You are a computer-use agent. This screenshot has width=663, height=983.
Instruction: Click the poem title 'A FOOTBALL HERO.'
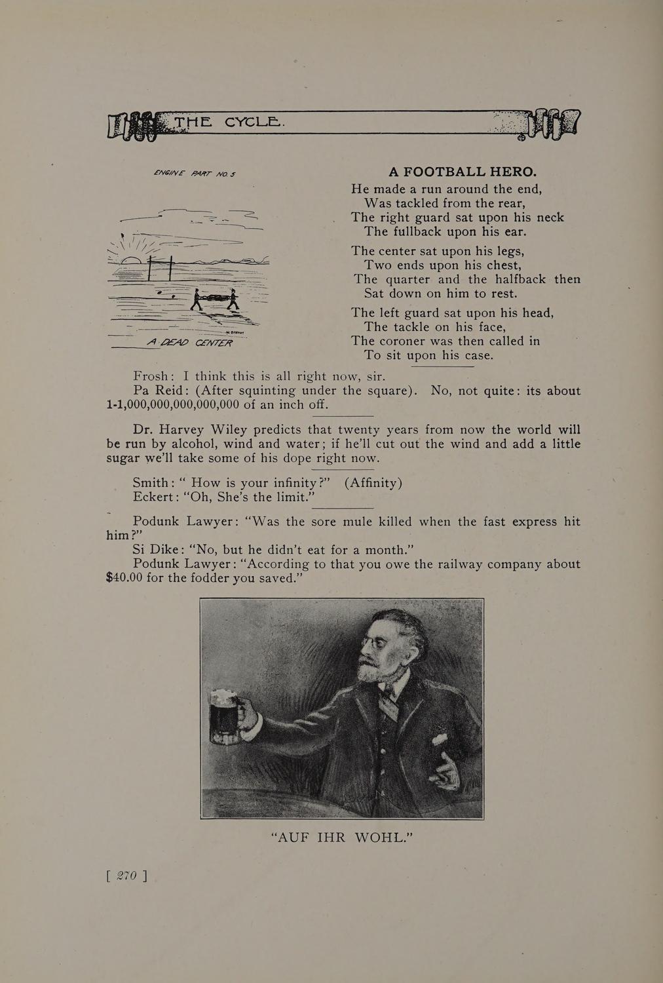tap(463, 172)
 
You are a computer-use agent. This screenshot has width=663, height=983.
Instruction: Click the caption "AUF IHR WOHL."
tap(341, 838)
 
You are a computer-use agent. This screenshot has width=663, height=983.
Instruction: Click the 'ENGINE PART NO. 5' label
tap(194, 174)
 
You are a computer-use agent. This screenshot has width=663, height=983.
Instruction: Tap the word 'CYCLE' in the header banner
tap(252, 123)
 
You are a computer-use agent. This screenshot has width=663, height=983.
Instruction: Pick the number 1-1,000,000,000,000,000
tap(172, 404)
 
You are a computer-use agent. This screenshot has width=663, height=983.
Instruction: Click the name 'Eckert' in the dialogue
tap(155, 497)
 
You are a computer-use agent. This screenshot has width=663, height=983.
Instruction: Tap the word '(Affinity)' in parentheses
tap(373, 483)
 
